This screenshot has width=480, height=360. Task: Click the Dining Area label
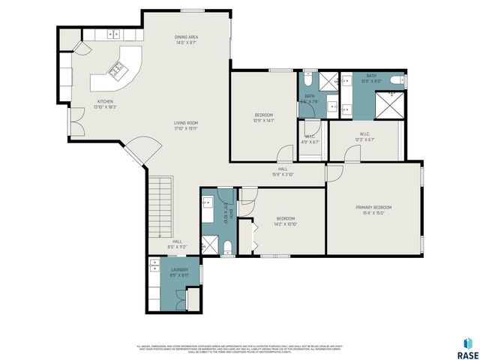pos(186,40)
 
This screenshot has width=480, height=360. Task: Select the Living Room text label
pos(186,125)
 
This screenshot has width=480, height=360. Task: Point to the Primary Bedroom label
pos(373,209)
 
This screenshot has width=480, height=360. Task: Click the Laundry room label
pos(178,271)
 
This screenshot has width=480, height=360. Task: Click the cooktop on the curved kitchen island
pos(118,72)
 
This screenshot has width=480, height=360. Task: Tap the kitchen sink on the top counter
pos(115,33)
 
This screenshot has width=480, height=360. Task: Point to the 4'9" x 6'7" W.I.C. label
pos(310,139)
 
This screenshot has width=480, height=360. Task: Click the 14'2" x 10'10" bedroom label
pos(286,220)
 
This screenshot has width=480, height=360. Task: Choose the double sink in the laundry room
pos(154,265)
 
